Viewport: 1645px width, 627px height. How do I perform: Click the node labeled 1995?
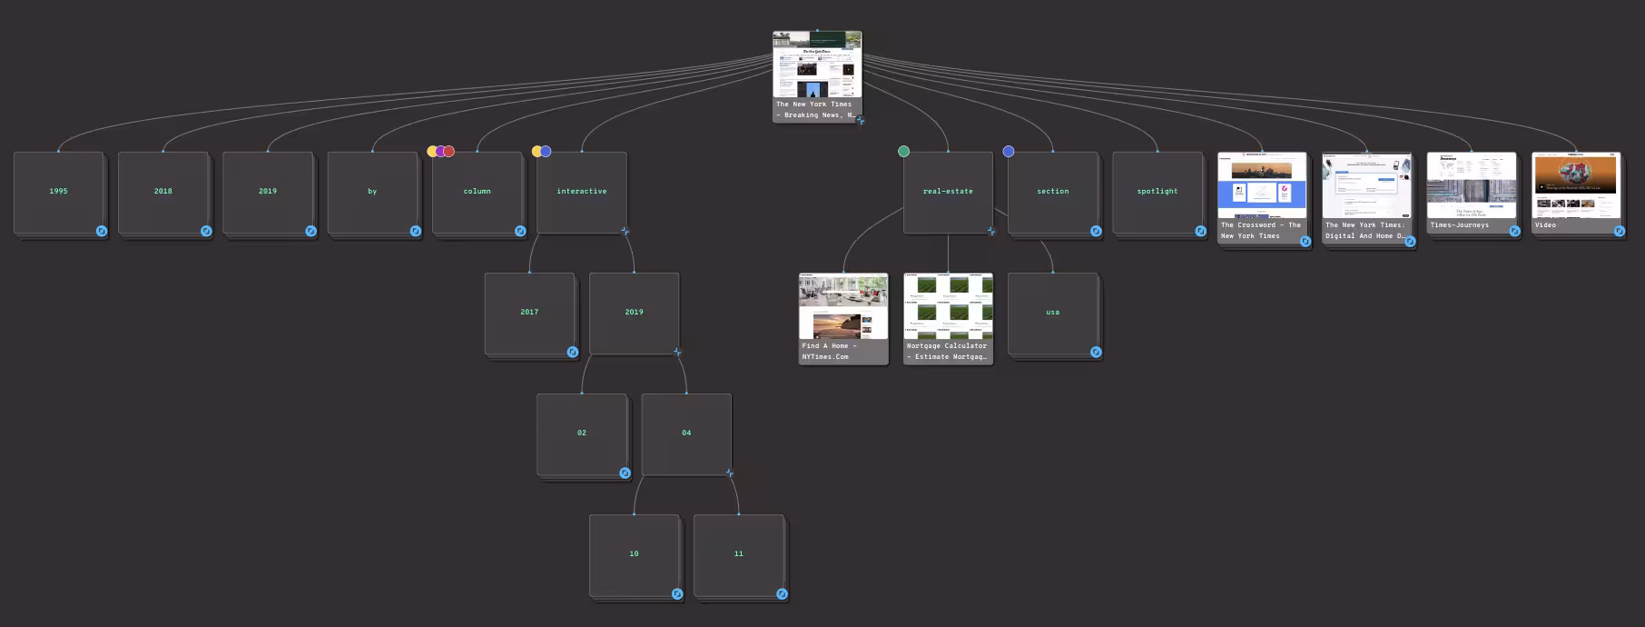58,191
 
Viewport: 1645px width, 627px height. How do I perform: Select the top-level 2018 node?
163,191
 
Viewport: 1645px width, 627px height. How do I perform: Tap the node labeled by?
372,191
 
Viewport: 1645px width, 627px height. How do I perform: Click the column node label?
477,191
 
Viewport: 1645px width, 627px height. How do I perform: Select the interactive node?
581,191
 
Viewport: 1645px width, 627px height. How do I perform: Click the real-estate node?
948,191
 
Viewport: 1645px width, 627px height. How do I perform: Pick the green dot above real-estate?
903,152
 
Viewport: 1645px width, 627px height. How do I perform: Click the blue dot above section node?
1008,152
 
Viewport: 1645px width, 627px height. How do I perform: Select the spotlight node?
1157,191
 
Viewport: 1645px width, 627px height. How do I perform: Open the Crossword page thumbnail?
1261,186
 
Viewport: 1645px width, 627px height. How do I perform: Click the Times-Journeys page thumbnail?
1471,186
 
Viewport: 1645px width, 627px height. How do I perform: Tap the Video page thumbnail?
1575,186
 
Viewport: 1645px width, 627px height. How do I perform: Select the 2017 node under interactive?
529,312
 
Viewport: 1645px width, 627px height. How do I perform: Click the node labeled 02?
581,433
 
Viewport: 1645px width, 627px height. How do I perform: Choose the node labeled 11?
738,553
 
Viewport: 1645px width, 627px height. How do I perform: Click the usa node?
1052,312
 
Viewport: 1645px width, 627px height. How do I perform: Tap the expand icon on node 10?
677,593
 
